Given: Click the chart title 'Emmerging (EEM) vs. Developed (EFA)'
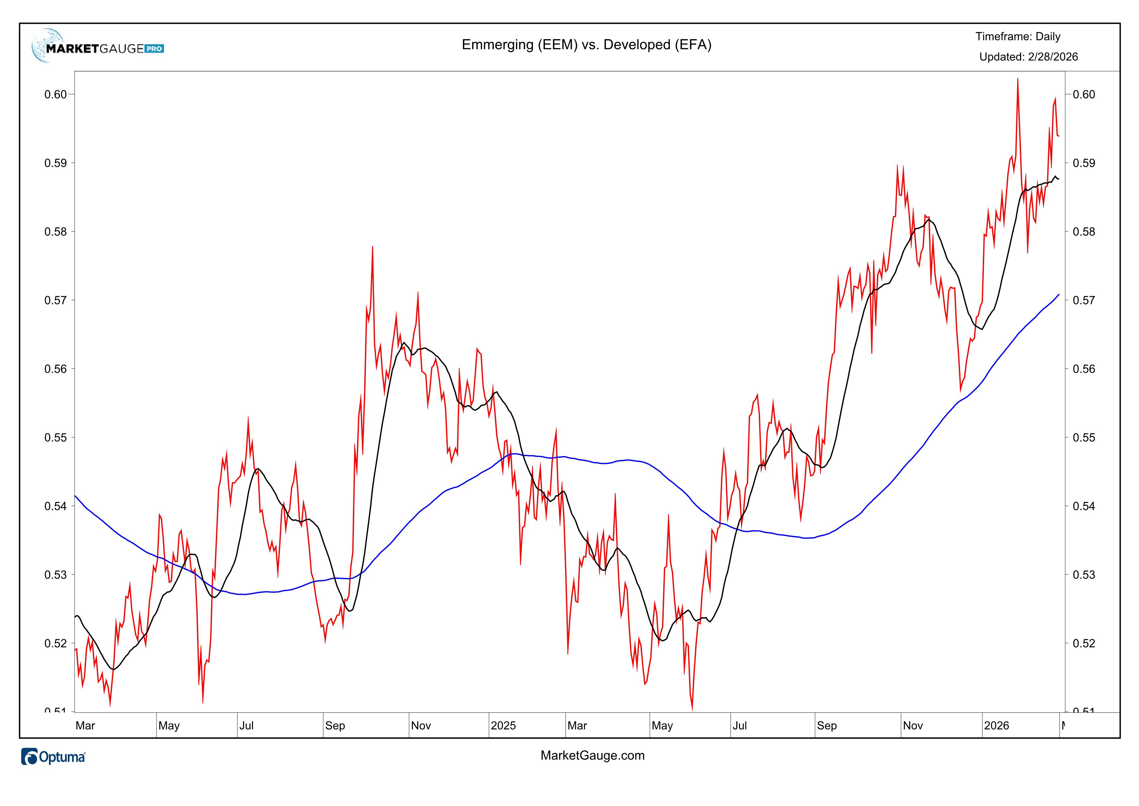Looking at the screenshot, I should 586,45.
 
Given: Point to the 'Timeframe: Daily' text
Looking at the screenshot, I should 1018,36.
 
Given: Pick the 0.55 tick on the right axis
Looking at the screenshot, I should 1083,438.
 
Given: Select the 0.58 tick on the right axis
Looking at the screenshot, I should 1083,232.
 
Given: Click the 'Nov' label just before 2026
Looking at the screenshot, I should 912,726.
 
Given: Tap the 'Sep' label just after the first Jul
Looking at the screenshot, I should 335,726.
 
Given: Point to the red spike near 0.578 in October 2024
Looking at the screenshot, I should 372,247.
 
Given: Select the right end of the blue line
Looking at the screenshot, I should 1058,294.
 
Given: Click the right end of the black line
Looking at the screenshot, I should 1058,179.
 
